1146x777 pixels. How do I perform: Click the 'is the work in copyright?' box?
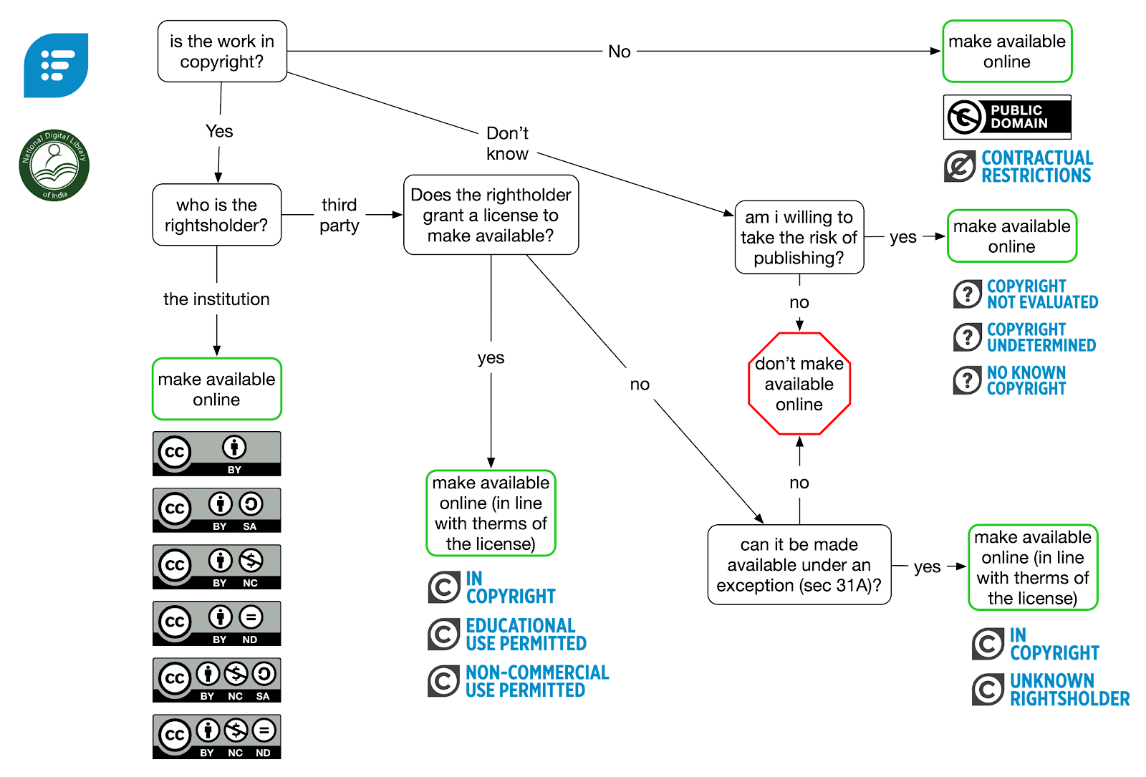(222, 52)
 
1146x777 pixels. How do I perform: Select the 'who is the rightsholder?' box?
(216, 215)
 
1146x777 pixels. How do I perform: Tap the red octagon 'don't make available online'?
(799, 384)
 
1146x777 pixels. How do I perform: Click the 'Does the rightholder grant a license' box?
(491, 215)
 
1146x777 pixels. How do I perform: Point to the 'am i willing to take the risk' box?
(799, 237)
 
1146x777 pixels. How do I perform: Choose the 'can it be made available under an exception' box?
(799, 565)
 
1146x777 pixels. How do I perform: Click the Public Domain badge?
(1007, 117)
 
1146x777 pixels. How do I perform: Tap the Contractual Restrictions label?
(1019, 166)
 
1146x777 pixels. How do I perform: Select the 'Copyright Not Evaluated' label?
(1026, 294)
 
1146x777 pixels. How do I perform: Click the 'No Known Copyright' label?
(1010, 380)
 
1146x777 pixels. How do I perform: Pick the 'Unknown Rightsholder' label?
(1050, 690)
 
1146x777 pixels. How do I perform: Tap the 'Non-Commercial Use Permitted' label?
(519, 681)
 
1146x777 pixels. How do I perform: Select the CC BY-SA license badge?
(216, 510)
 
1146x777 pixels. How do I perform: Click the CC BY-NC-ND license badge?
(216, 736)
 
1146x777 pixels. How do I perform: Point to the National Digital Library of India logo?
(54, 165)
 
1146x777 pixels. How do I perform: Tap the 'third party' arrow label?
(340, 215)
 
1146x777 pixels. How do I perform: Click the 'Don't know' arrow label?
(507, 143)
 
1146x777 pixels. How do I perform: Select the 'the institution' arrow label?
(216, 299)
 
